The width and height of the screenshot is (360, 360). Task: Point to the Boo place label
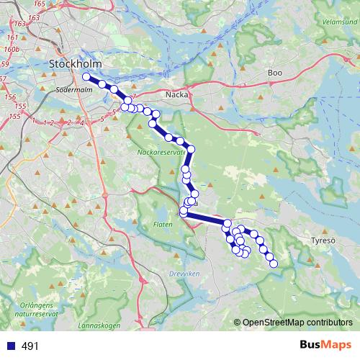click(x=274, y=73)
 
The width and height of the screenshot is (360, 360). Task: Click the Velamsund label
click(x=340, y=22)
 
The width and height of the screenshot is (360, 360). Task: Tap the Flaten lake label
click(x=162, y=224)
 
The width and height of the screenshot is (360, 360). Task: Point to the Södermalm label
click(x=71, y=91)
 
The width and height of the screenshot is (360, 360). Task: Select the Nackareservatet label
click(x=162, y=153)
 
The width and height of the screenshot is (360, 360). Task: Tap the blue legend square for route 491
click(x=10, y=346)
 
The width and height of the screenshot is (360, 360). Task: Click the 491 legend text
click(x=30, y=346)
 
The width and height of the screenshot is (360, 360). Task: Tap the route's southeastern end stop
click(x=274, y=264)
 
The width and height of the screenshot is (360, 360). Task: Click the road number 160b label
click(x=11, y=50)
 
